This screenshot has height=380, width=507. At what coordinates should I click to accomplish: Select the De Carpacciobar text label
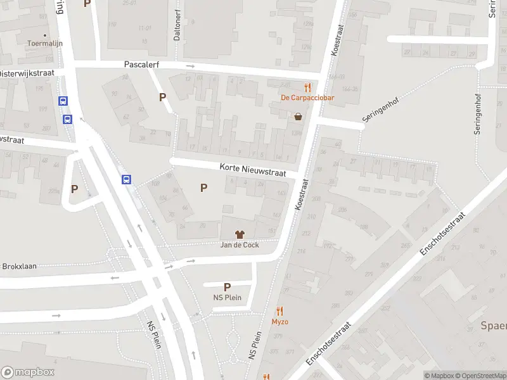pyautogui.click(x=307, y=98)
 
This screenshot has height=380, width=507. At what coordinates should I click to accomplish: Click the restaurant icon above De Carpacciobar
pyautogui.click(x=307, y=87)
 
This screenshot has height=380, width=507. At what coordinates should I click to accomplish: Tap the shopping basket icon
pyautogui.click(x=298, y=117)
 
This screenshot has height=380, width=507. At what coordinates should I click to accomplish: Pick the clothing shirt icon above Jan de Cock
pyautogui.click(x=239, y=235)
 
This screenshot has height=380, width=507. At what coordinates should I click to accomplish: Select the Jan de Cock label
pyautogui.click(x=239, y=245)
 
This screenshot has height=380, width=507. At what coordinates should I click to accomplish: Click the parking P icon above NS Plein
pyautogui.click(x=227, y=287)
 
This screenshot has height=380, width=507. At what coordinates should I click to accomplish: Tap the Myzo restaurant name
pyautogui.click(x=280, y=322)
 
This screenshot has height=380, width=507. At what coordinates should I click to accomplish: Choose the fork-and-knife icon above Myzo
pyautogui.click(x=280, y=311)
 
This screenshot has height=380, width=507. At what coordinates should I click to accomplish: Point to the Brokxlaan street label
pyautogui.click(x=19, y=267)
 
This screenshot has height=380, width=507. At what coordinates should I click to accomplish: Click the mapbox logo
pyautogui.click(x=27, y=372)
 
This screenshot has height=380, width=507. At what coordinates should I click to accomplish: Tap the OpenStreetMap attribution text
pyautogui.click(x=478, y=376)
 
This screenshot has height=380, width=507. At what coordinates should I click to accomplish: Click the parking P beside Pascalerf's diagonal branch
pyautogui.click(x=163, y=97)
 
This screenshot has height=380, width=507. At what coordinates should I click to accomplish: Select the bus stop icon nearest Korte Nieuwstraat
pyautogui.click(x=127, y=179)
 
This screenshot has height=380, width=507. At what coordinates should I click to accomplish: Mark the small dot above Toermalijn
pyautogui.click(x=44, y=35)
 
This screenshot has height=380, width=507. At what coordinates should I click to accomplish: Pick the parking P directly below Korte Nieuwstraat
pyautogui.click(x=203, y=187)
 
